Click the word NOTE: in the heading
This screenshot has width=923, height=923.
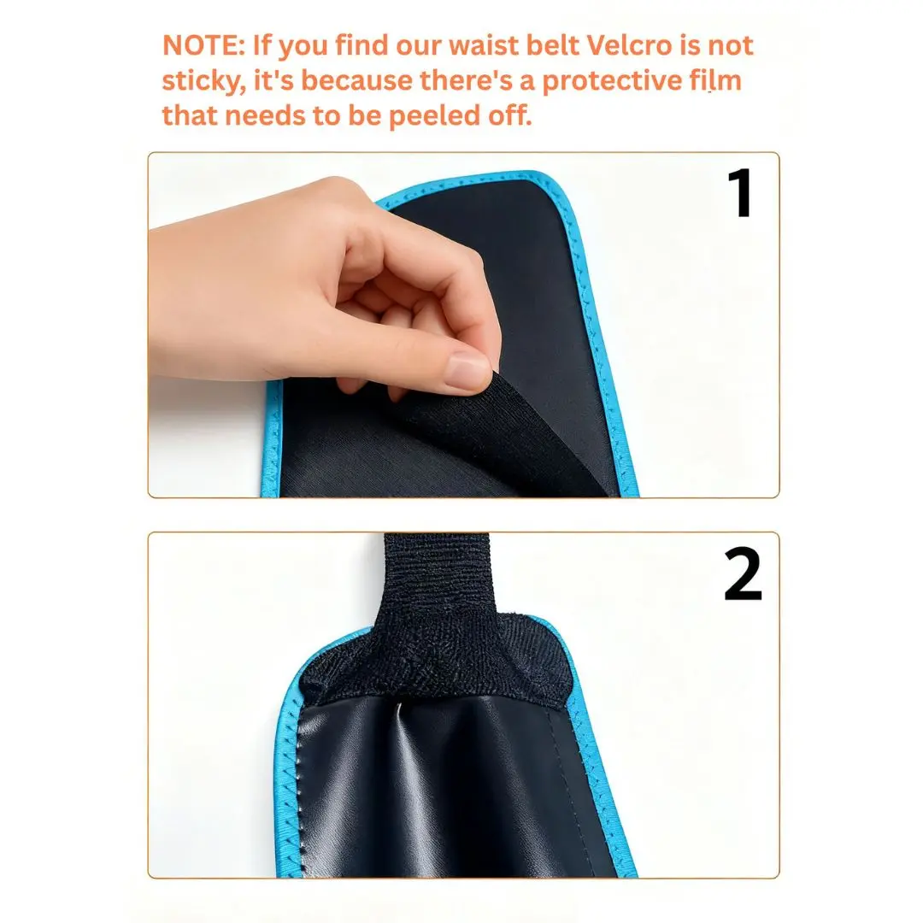coord(203,45)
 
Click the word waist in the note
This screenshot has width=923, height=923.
coord(483,45)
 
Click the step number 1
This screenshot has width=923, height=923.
coord(739,192)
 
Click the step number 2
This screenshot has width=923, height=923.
coord(743,573)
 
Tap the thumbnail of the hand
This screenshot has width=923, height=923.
coord(467,371)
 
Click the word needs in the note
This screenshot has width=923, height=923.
coord(264,116)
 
